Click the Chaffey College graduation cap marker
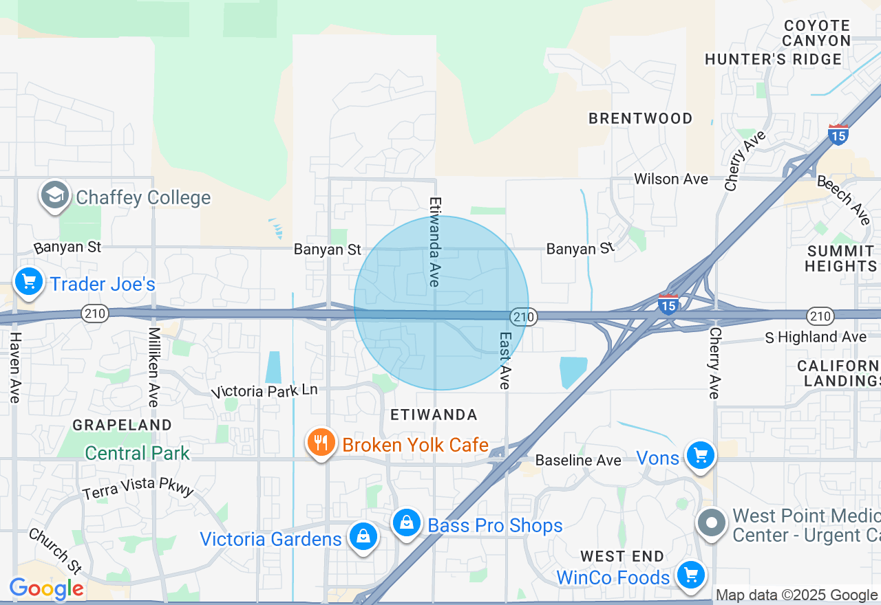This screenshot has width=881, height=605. pos(55,196)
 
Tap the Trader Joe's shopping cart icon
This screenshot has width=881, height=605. pos(29,282)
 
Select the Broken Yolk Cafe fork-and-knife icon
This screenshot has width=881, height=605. pos(321,443)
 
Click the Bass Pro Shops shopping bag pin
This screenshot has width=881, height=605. pos(407,523)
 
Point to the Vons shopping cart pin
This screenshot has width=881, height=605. pos(701,455)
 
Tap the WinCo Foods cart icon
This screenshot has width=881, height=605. pos(690,575)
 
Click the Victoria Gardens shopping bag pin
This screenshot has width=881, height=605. pos(363,536)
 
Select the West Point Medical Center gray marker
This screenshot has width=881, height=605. pos(712,523)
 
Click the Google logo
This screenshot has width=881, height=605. pos(46,589)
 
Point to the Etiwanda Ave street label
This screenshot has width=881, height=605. pos(435,242)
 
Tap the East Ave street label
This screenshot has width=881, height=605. pos(505,361)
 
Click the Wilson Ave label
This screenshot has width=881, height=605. pos(670,179)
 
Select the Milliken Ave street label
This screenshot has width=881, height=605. pos(153,366)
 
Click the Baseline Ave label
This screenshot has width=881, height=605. pos(578,460)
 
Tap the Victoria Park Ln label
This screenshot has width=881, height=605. pos(265,391)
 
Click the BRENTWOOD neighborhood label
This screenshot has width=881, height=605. pos(640,118)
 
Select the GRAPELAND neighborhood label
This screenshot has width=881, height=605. pos(122,425)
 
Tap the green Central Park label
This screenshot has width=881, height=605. pos(137,453)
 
